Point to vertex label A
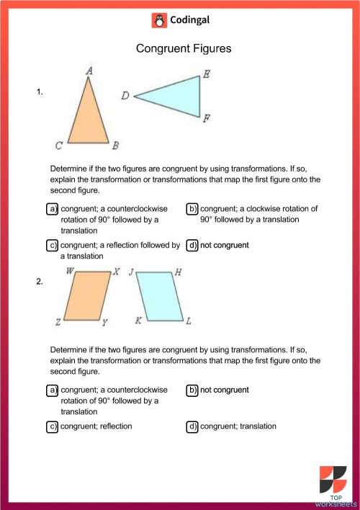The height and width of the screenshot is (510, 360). [x=89, y=70]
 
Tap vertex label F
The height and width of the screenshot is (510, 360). [x=207, y=118]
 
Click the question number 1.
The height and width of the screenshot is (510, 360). [x=40, y=91]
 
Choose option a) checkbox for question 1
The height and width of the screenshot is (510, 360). [x=53, y=209]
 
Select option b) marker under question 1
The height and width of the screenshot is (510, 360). [x=192, y=209]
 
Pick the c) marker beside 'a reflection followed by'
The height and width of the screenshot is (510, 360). [x=53, y=245]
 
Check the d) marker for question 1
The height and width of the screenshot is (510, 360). [x=192, y=245]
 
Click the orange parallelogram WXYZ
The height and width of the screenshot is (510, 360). [x=87, y=295]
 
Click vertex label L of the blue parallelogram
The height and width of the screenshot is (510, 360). [x=189, y=321]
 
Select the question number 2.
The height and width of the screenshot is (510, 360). [x=40, y=282]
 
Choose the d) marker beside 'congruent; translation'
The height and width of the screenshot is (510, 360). [x=192, y=426]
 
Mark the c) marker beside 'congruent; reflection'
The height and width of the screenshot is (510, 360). [x=53, y=426]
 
